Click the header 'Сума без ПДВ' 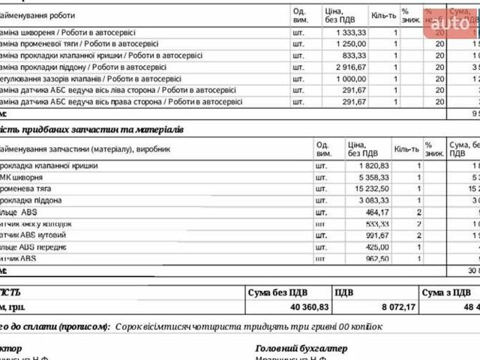click(277, 292)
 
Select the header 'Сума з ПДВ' click(447, 292)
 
